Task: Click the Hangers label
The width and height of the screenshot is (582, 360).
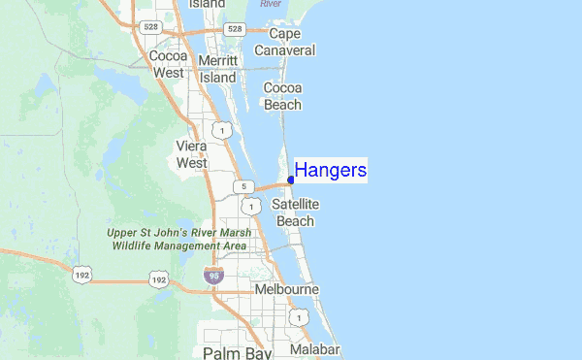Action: click(x=330, y=171)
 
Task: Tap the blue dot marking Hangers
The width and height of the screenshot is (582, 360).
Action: click(x=291, y=180)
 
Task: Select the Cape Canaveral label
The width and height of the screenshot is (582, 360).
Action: click(x=284, y=42)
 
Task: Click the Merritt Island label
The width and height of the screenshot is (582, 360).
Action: click(x=217, y=68)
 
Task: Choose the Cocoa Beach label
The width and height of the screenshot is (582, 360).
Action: click(x=283, y=95)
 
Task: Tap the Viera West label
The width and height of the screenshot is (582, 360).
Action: click(x=191, y=154)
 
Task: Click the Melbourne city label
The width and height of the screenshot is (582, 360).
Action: click(x=286, y=289)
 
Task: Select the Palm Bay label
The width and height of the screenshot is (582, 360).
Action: click(x=237, y=351)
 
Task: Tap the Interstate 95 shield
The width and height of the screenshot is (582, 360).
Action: click(x=215, y=277)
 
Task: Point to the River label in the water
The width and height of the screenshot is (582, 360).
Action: click(x=274, y=3)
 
